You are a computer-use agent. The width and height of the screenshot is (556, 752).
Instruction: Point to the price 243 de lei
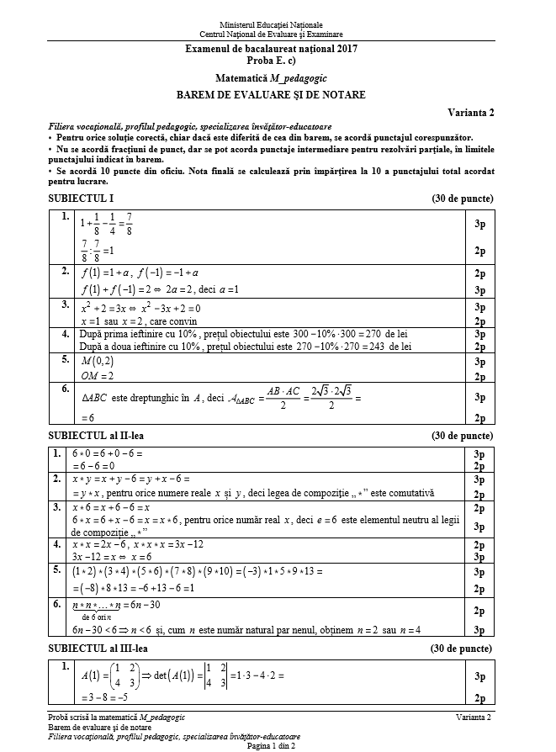coord(388,346)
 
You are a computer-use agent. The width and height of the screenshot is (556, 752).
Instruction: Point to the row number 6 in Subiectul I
coord(65,389)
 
